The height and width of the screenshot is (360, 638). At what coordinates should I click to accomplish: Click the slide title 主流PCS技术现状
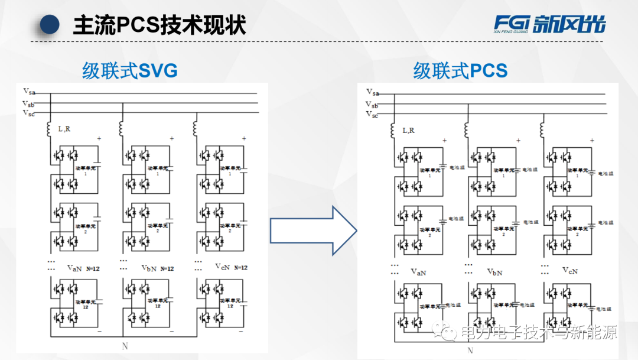click(159, 25)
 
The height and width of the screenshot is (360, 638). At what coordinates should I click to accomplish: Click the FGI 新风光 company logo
click(549, 24)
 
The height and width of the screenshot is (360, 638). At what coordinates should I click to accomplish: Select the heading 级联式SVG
click(130, 72)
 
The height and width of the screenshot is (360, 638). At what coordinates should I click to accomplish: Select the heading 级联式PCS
click(460, 72)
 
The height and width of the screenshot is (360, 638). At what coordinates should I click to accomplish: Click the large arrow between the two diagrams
click(313, 231)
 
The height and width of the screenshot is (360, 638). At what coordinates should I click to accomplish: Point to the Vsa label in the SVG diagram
click(29, 91)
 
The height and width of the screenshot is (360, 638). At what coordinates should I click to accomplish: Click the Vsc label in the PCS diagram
click(372, 114)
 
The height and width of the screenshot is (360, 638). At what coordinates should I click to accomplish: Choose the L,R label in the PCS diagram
click(409, 130)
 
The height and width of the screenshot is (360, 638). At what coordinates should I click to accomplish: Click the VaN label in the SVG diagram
click(74, 268)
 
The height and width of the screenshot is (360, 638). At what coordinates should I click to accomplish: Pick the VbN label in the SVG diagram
click(149, 268)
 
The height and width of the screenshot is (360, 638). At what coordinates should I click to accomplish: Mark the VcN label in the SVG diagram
click(222, 267)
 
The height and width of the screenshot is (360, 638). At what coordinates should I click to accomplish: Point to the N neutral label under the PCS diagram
click(470, 350)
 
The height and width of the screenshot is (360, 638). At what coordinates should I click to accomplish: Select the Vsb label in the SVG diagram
click(29, 104)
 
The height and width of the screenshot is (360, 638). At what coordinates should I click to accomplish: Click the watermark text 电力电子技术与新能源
click(538, 333)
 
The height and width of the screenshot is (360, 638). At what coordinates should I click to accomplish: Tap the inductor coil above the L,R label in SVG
click(50, 128)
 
